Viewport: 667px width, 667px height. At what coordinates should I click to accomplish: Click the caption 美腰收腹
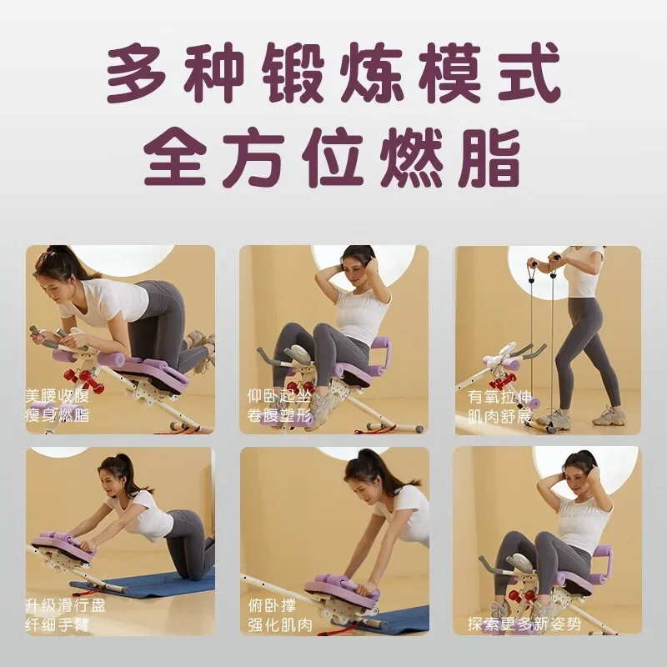58,396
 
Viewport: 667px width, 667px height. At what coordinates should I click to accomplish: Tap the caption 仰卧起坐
279,396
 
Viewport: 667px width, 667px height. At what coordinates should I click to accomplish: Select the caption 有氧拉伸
499,397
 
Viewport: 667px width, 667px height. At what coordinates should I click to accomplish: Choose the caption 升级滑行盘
65,605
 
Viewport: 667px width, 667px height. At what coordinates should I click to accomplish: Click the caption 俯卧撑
272,605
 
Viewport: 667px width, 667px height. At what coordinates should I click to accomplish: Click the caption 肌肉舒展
499,416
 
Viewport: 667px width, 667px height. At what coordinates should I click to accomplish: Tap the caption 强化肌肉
280,624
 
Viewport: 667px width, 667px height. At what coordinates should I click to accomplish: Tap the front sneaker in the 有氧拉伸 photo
609,416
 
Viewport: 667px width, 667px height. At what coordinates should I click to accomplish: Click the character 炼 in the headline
371,73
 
